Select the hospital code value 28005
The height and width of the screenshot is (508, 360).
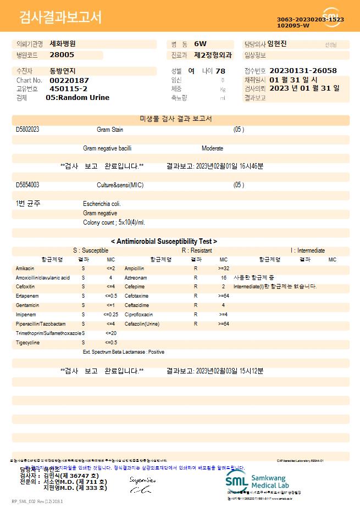62,55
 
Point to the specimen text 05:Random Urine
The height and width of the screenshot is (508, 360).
77,98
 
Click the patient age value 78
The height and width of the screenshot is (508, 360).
220,71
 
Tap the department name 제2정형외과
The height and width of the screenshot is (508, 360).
213,55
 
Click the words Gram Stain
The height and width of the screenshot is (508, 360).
110,130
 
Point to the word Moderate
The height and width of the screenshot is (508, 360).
212,148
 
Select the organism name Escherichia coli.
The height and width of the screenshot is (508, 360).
102,204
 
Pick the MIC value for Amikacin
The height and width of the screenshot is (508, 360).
110,269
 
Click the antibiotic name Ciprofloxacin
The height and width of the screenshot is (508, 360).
139,315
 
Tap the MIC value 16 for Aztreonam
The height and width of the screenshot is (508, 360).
224,278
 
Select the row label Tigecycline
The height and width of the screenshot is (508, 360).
28,343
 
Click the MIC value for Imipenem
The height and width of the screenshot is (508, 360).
110,315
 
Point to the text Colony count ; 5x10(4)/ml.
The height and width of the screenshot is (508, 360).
114,222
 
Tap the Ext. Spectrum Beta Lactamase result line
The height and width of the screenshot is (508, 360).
123,352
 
